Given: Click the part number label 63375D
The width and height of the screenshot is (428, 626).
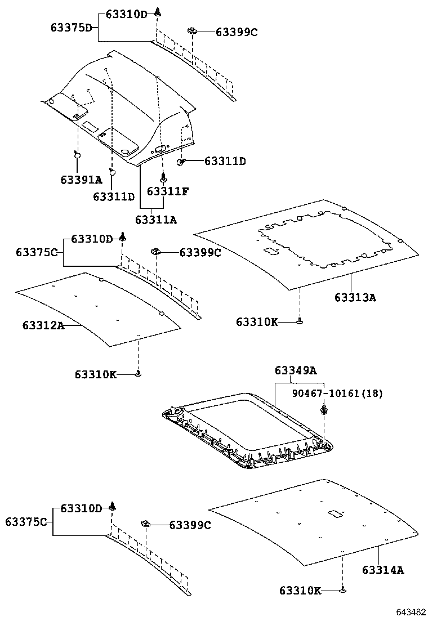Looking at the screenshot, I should (x=71, y=27).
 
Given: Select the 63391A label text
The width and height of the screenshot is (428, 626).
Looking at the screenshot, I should (x=81, y=180).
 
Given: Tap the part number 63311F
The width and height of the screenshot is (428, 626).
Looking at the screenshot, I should (x=167, y=191).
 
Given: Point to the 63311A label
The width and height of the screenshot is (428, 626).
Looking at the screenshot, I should (x=156, y=220).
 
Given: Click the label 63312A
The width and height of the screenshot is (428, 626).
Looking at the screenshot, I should (x=43, y=325).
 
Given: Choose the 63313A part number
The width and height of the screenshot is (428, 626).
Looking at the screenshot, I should (x=355, y=297).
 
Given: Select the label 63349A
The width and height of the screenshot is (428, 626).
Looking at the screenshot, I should (x=296, y=370).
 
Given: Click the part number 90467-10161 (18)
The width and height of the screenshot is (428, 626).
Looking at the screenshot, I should (x=337, y=394).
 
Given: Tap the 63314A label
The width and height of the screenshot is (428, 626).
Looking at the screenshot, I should (x=383, y=569).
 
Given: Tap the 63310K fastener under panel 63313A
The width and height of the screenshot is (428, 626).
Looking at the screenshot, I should (x=300, y=321).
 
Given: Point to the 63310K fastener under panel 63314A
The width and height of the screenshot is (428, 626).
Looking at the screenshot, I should (x=343, y=590).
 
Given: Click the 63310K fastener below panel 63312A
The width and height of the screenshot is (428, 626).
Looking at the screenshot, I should (x=138, y=373).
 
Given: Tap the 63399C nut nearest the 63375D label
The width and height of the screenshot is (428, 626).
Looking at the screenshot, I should (x=193, y=32).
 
